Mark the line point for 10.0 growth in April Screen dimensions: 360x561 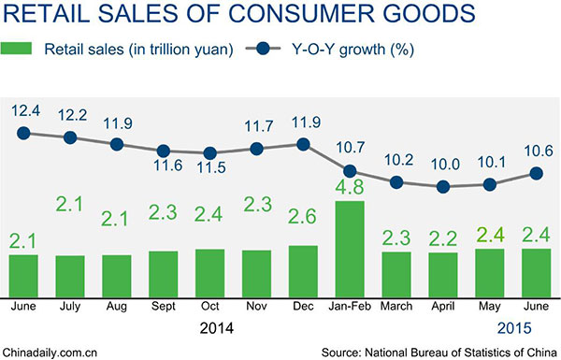(443, 187)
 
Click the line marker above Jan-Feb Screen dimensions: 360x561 (350, 171)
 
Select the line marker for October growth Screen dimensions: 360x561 (209, 153)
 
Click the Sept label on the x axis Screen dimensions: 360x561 (163, 305)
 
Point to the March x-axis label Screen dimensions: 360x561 (396, 305)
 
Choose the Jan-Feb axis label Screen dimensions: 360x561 (350, 305)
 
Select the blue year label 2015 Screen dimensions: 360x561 (513, 328)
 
